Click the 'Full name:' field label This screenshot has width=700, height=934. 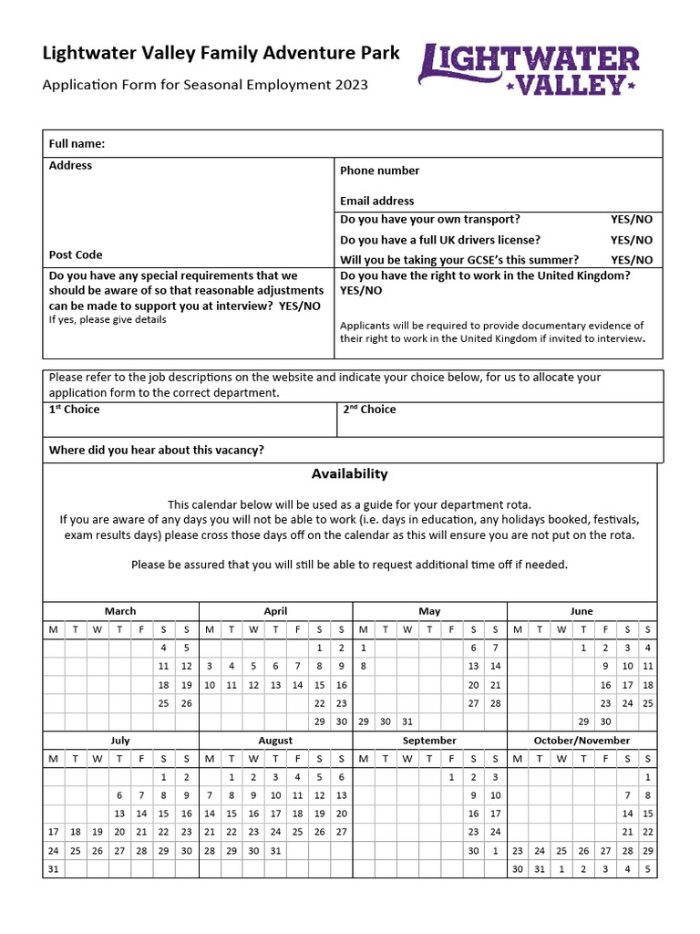(x=77, y=143)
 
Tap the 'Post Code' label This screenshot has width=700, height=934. (x=76, y=254)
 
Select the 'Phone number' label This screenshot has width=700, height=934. (x=379, y=171)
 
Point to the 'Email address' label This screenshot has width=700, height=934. (x=376, y=201)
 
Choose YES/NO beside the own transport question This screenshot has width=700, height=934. (x=631, y=219)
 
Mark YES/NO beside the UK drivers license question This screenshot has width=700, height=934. (x=631, y=240)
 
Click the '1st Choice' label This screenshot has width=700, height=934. (x=74, y=410)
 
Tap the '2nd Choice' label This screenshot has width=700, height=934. (x=369, y=410)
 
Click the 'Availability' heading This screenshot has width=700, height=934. (x=349, y=473)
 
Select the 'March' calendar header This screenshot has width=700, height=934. (x=120, y=611)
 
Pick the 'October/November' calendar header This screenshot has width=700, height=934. (x=582, y=741)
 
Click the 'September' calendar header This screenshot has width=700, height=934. (x=429, y=741)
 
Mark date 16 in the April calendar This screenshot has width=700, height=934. (x=342, y=685)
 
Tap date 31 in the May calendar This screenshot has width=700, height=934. (x=407, y=721)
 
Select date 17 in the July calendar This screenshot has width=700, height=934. (x=53, y=832)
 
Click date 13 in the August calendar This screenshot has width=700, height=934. (x=342, y=795)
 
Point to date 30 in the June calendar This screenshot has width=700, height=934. (x=605, y=721)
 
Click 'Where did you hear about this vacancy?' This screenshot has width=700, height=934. (x=156, y=450)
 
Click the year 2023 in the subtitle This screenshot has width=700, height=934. (x=352, y=85)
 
